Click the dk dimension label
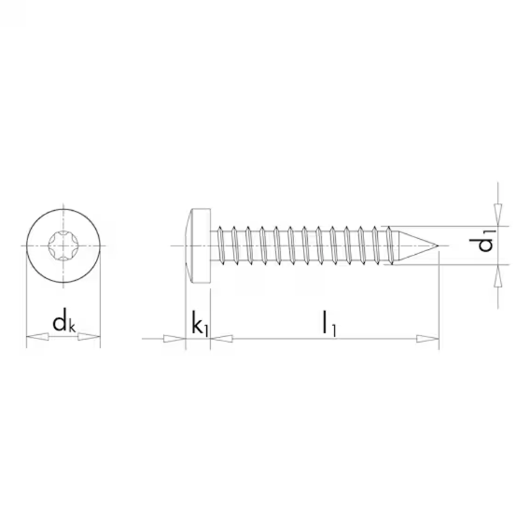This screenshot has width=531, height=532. (x=63, y=323)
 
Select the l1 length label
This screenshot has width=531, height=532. (x=329, y=324)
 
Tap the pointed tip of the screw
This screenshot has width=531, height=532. (x=439, y=245)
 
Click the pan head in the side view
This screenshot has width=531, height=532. (x=198, y=245)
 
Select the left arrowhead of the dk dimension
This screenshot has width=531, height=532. (x=37, y=337)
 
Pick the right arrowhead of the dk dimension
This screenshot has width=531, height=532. (x=90, y=337)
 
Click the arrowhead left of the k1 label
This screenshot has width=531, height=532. (x=175, y=339)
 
